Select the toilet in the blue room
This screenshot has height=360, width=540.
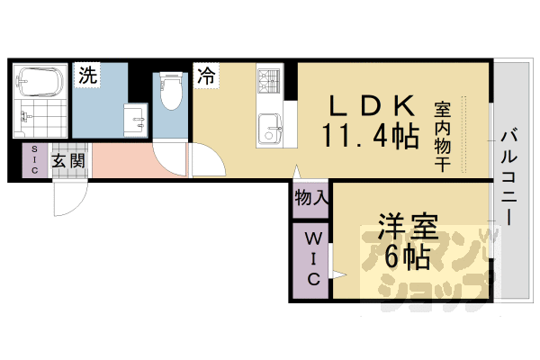click(x=168, y=90)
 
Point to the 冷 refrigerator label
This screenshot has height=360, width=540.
click(x=206, y=76)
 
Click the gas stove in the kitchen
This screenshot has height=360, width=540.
click(x=269, y=85)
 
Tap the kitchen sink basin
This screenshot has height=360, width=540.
click(x=269, y=129)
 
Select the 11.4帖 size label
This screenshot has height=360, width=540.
click(x=370, y=137)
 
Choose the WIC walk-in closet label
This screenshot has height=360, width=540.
click(x=311, y=258)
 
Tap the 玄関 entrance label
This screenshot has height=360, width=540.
click(x=68, y=161)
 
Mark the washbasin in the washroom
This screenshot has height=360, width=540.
click(x=136, y=117)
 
